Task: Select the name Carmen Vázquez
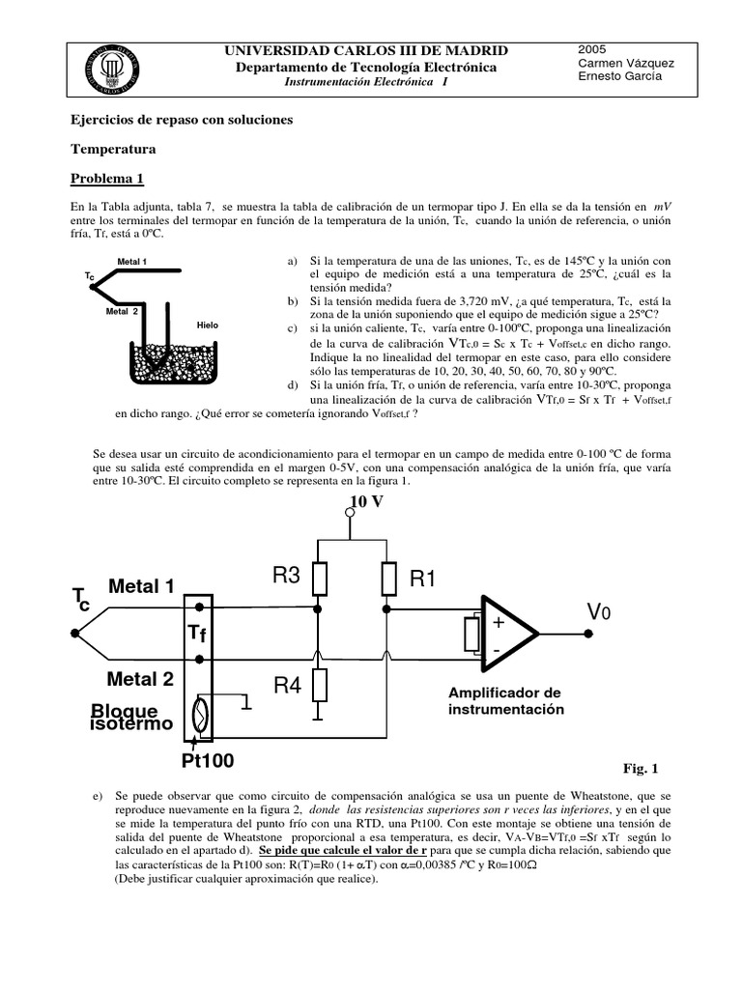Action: coord(625,63)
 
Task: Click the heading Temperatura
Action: coord(113,150)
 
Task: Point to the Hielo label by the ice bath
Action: coord(207,325)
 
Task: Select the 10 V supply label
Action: coord(364,502)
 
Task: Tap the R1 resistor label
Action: coord(424,579)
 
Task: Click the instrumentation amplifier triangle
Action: coord(507,635)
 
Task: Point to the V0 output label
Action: coord(599,612)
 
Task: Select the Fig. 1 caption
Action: coord(640,769)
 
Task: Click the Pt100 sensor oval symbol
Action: coord(199,717)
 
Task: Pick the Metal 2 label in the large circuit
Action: coord(141,679)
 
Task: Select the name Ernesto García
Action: coord(619,77)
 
